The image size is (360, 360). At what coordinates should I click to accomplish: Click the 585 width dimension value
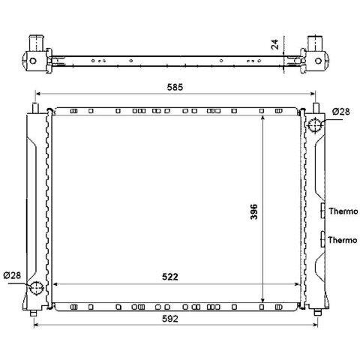(175, 87)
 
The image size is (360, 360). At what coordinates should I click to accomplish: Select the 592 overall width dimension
(170, 319)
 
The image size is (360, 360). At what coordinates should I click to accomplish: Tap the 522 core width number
(170, 277)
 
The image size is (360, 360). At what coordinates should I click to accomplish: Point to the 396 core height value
(253, 211)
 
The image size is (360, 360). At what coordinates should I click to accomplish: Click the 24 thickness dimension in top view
(275, 44)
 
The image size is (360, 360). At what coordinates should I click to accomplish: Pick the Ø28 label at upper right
(341, 112)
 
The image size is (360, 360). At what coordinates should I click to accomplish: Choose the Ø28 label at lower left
(12, 275)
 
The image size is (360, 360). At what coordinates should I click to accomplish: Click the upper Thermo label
(343, 211)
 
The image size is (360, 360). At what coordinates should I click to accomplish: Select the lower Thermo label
(343, 240)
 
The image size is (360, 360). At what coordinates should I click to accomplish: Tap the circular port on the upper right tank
(315, 125)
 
